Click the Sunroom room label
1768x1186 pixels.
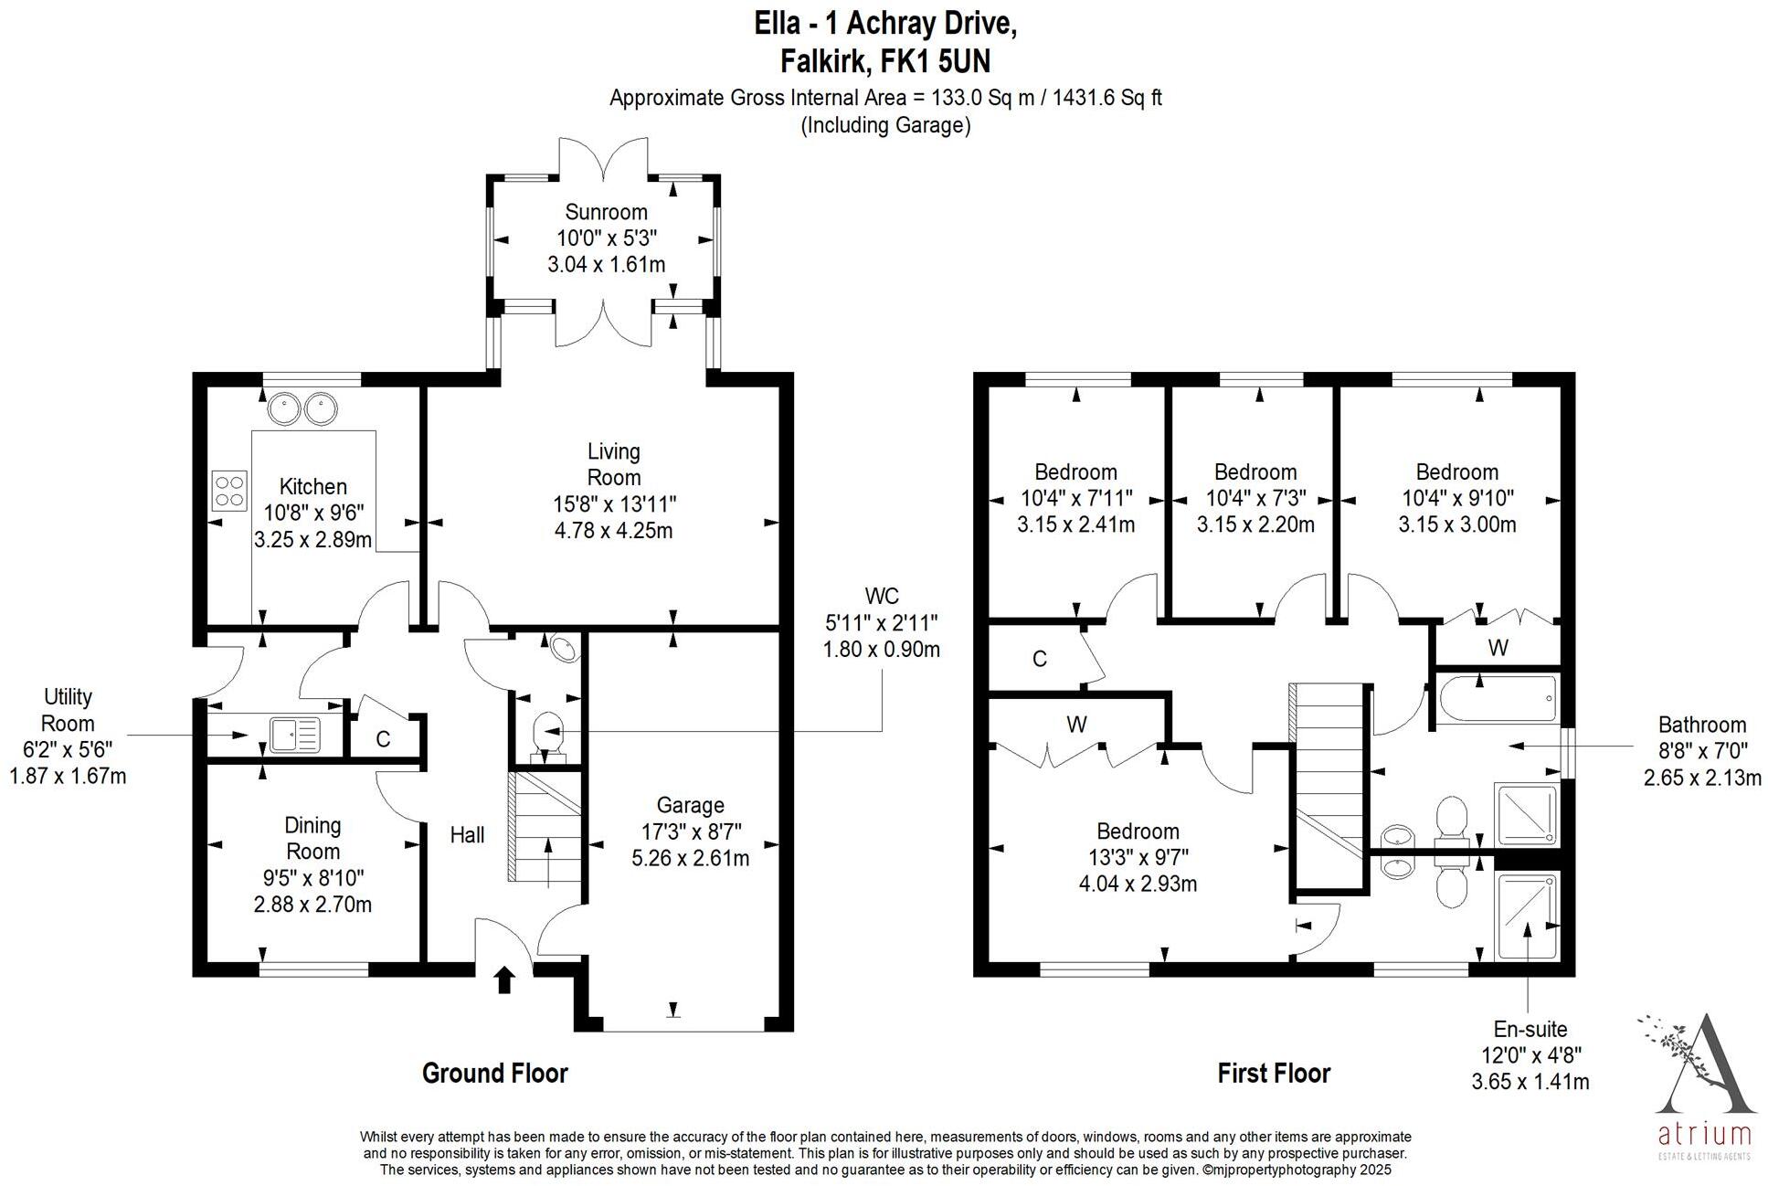(606, 213)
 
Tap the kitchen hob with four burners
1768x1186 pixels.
(229, 490)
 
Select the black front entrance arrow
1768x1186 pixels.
(504, 980)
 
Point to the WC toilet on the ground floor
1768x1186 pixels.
(547, 734)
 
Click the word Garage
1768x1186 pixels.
(690, 805)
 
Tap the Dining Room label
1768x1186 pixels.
(312, 838)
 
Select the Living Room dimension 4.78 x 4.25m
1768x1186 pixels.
(613, 530)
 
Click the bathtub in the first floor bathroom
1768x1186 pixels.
(1497, 700)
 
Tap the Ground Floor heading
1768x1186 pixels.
(494, 1073)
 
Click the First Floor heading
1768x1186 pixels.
(1274, 1073)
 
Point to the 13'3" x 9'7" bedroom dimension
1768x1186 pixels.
(1138, 857)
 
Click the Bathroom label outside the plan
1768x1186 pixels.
(1701, 725)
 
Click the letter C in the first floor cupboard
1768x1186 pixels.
(1039, 659)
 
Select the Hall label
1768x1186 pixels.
(467, 834)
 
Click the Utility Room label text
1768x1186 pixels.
(68, 710)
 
